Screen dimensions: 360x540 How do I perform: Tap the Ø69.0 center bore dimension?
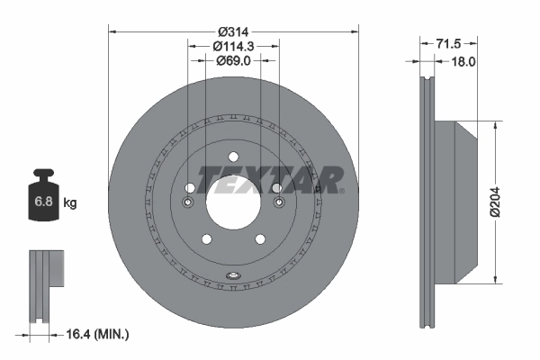[x=233, y=60]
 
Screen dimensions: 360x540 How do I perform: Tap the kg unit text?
[x=70, y=203]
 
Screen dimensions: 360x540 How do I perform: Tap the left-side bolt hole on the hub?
[x=189, y=188]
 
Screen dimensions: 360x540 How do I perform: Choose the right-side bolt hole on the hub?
[x=277, y=188]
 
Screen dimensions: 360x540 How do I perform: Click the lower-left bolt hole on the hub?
[x=206, y=238]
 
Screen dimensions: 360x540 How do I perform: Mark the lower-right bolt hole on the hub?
[x=260, y=238]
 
